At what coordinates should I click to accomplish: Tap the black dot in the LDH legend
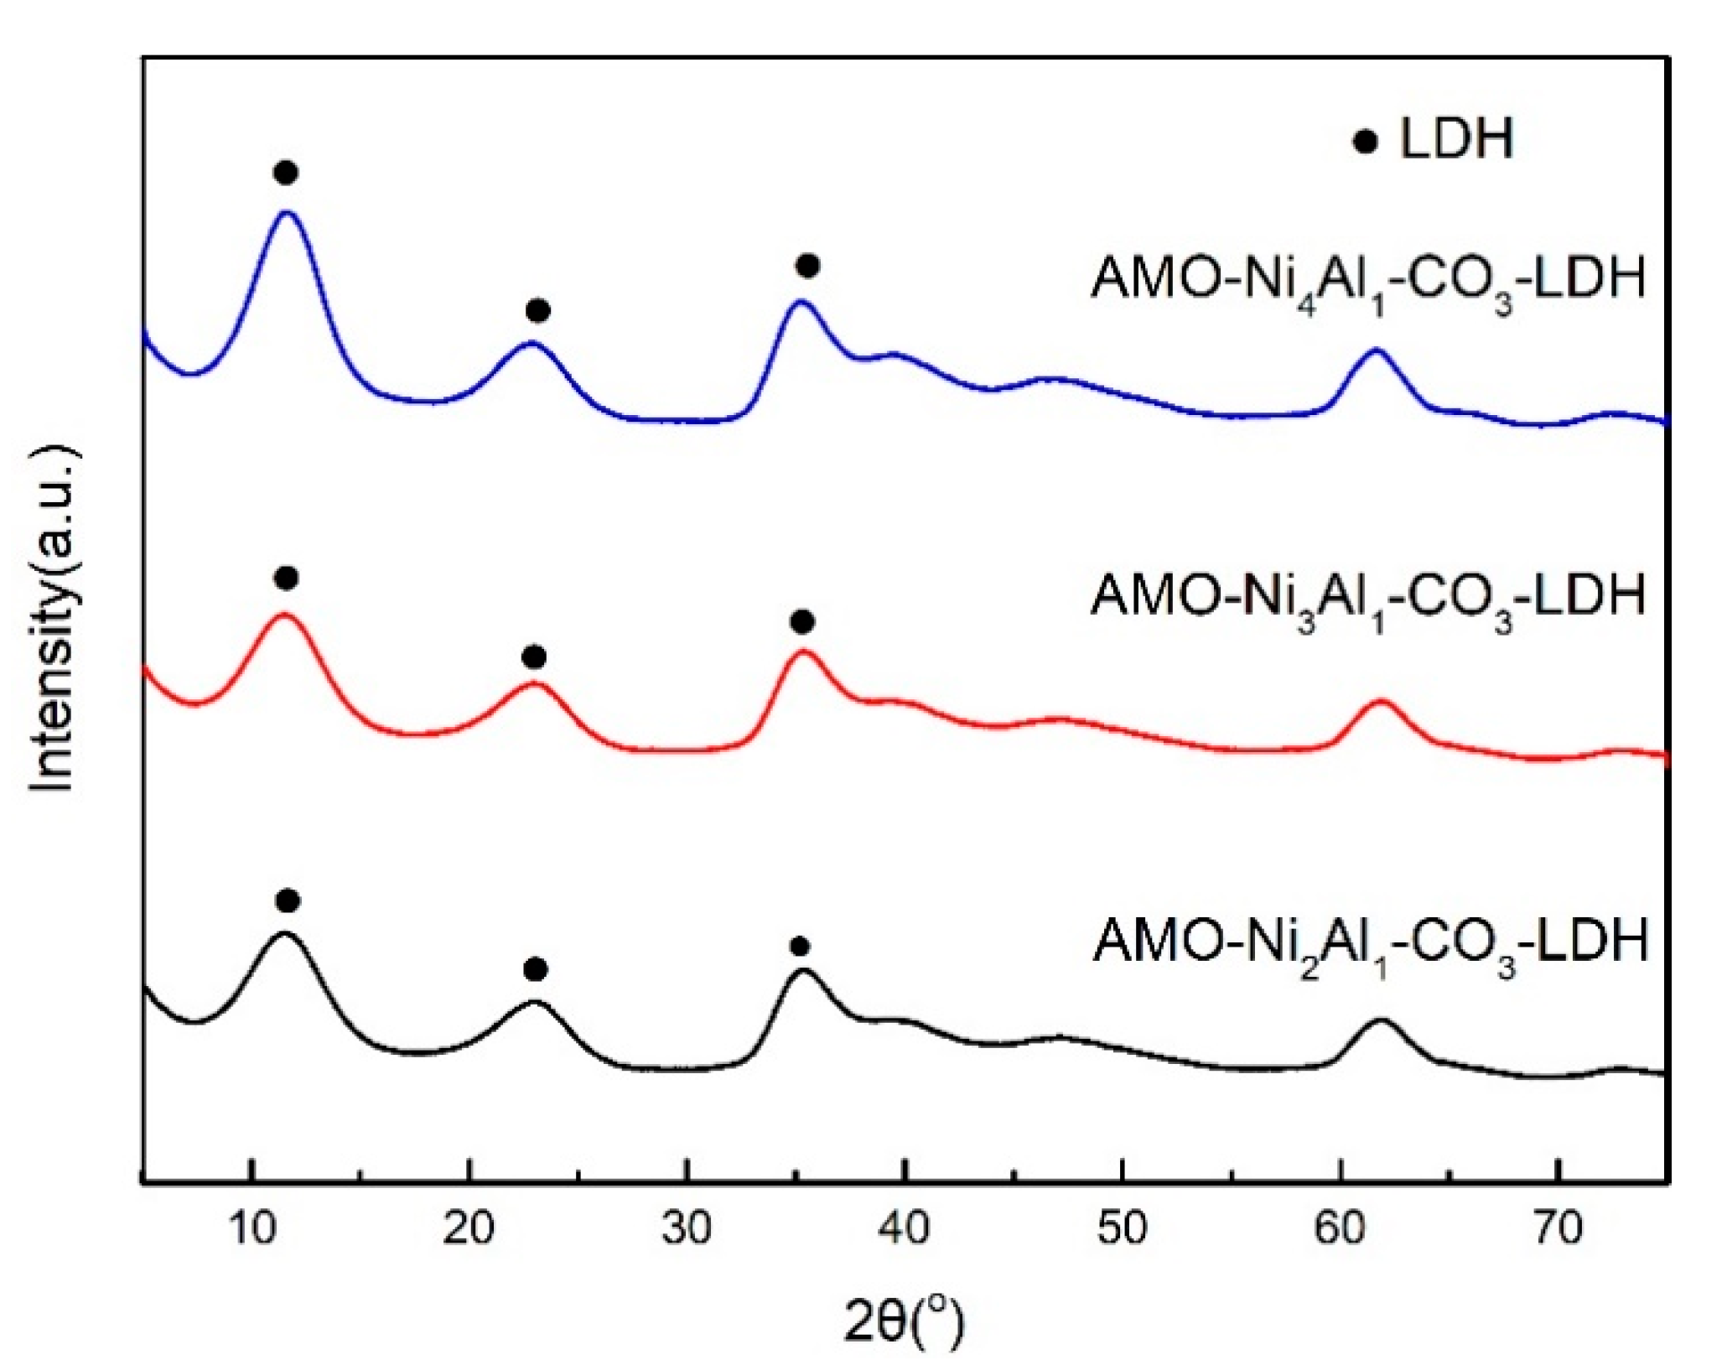(x=1366, y=142)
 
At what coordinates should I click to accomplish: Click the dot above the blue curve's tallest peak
(x=286, y=173)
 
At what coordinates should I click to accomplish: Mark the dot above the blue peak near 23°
(x=538, y=311)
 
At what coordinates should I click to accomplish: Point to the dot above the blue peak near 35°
(x=807, y=266)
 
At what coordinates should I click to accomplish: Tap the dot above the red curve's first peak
(x=286, y=579)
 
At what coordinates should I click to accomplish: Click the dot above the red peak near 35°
(x=802, y=622)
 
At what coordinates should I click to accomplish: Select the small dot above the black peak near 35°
(x=800, y=947)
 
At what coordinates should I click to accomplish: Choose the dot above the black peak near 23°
(x=536, y=970)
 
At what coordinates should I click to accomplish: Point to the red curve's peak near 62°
(x=1380, y=702)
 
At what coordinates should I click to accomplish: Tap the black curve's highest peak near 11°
(x=285, y=933)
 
